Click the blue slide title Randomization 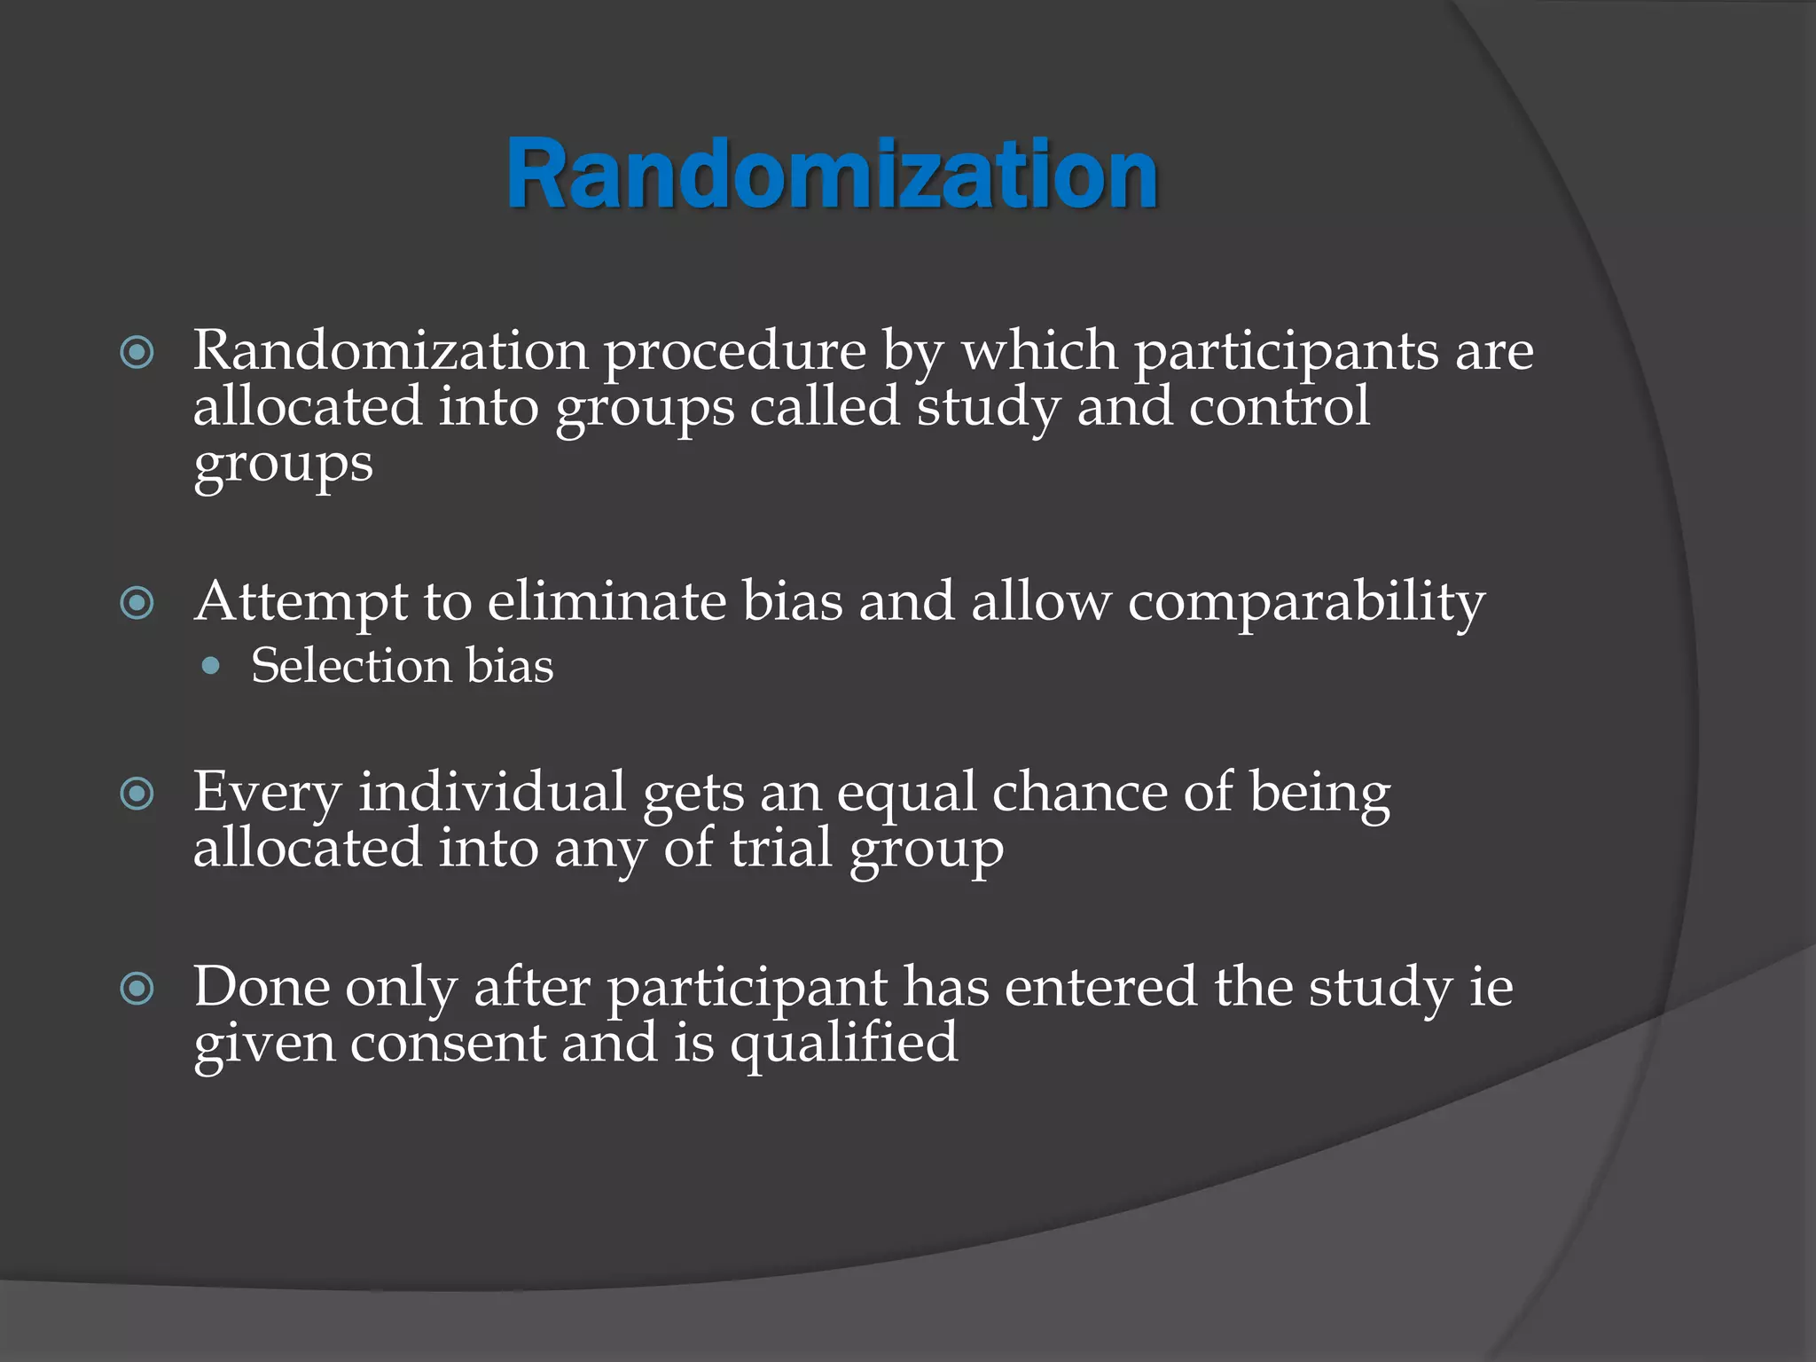pyautogui.click(x=832, y=175)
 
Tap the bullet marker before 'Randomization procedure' pyautogui.click(x=137, y=353)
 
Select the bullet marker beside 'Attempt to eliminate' pyautogui.click(x=137, y=604)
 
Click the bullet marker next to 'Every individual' pyautogui.click(x=137, y=794)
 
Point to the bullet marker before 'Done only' pyautogui.click(x=137, y=988)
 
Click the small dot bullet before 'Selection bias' pyautogui.click(x=210, y=666)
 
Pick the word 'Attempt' pyautogui.click(x=301, y=603)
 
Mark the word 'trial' pyautogui.click(x=780, y=848)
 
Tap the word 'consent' pyautogui.click(x=447, y=1043)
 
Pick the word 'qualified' pyautogui.click(x=843, y=1045)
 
